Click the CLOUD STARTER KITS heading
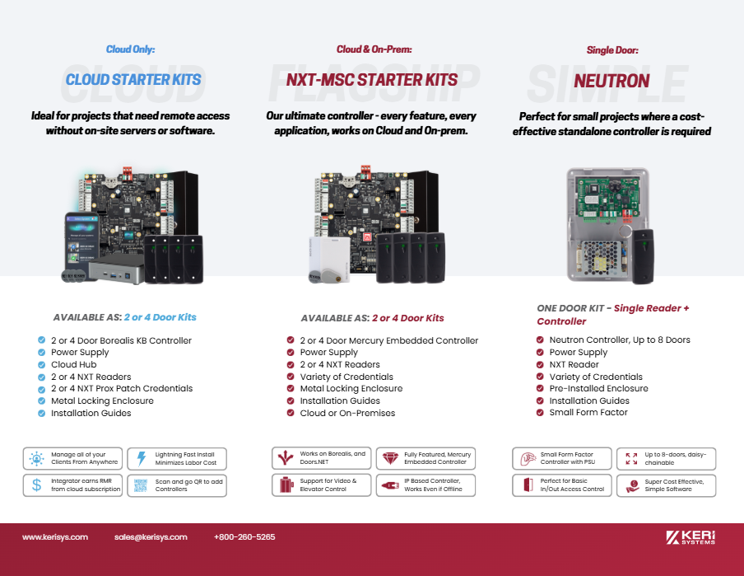(133, 80)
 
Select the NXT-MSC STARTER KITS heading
(372, 80)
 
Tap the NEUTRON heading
(611, 81)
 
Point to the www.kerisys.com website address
(55, 537)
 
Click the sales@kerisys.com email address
(151, 537)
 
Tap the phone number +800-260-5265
(244, 537)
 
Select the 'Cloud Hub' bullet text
(74, 364)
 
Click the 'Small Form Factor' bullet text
(588, 412)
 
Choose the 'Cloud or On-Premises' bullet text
(347, 413)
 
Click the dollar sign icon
(36, 485)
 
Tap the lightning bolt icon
(141, 459)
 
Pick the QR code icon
(141, 485)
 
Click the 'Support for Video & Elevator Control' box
(322, 485)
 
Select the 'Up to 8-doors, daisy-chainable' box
(666, 459)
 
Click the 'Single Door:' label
(612, 50)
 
